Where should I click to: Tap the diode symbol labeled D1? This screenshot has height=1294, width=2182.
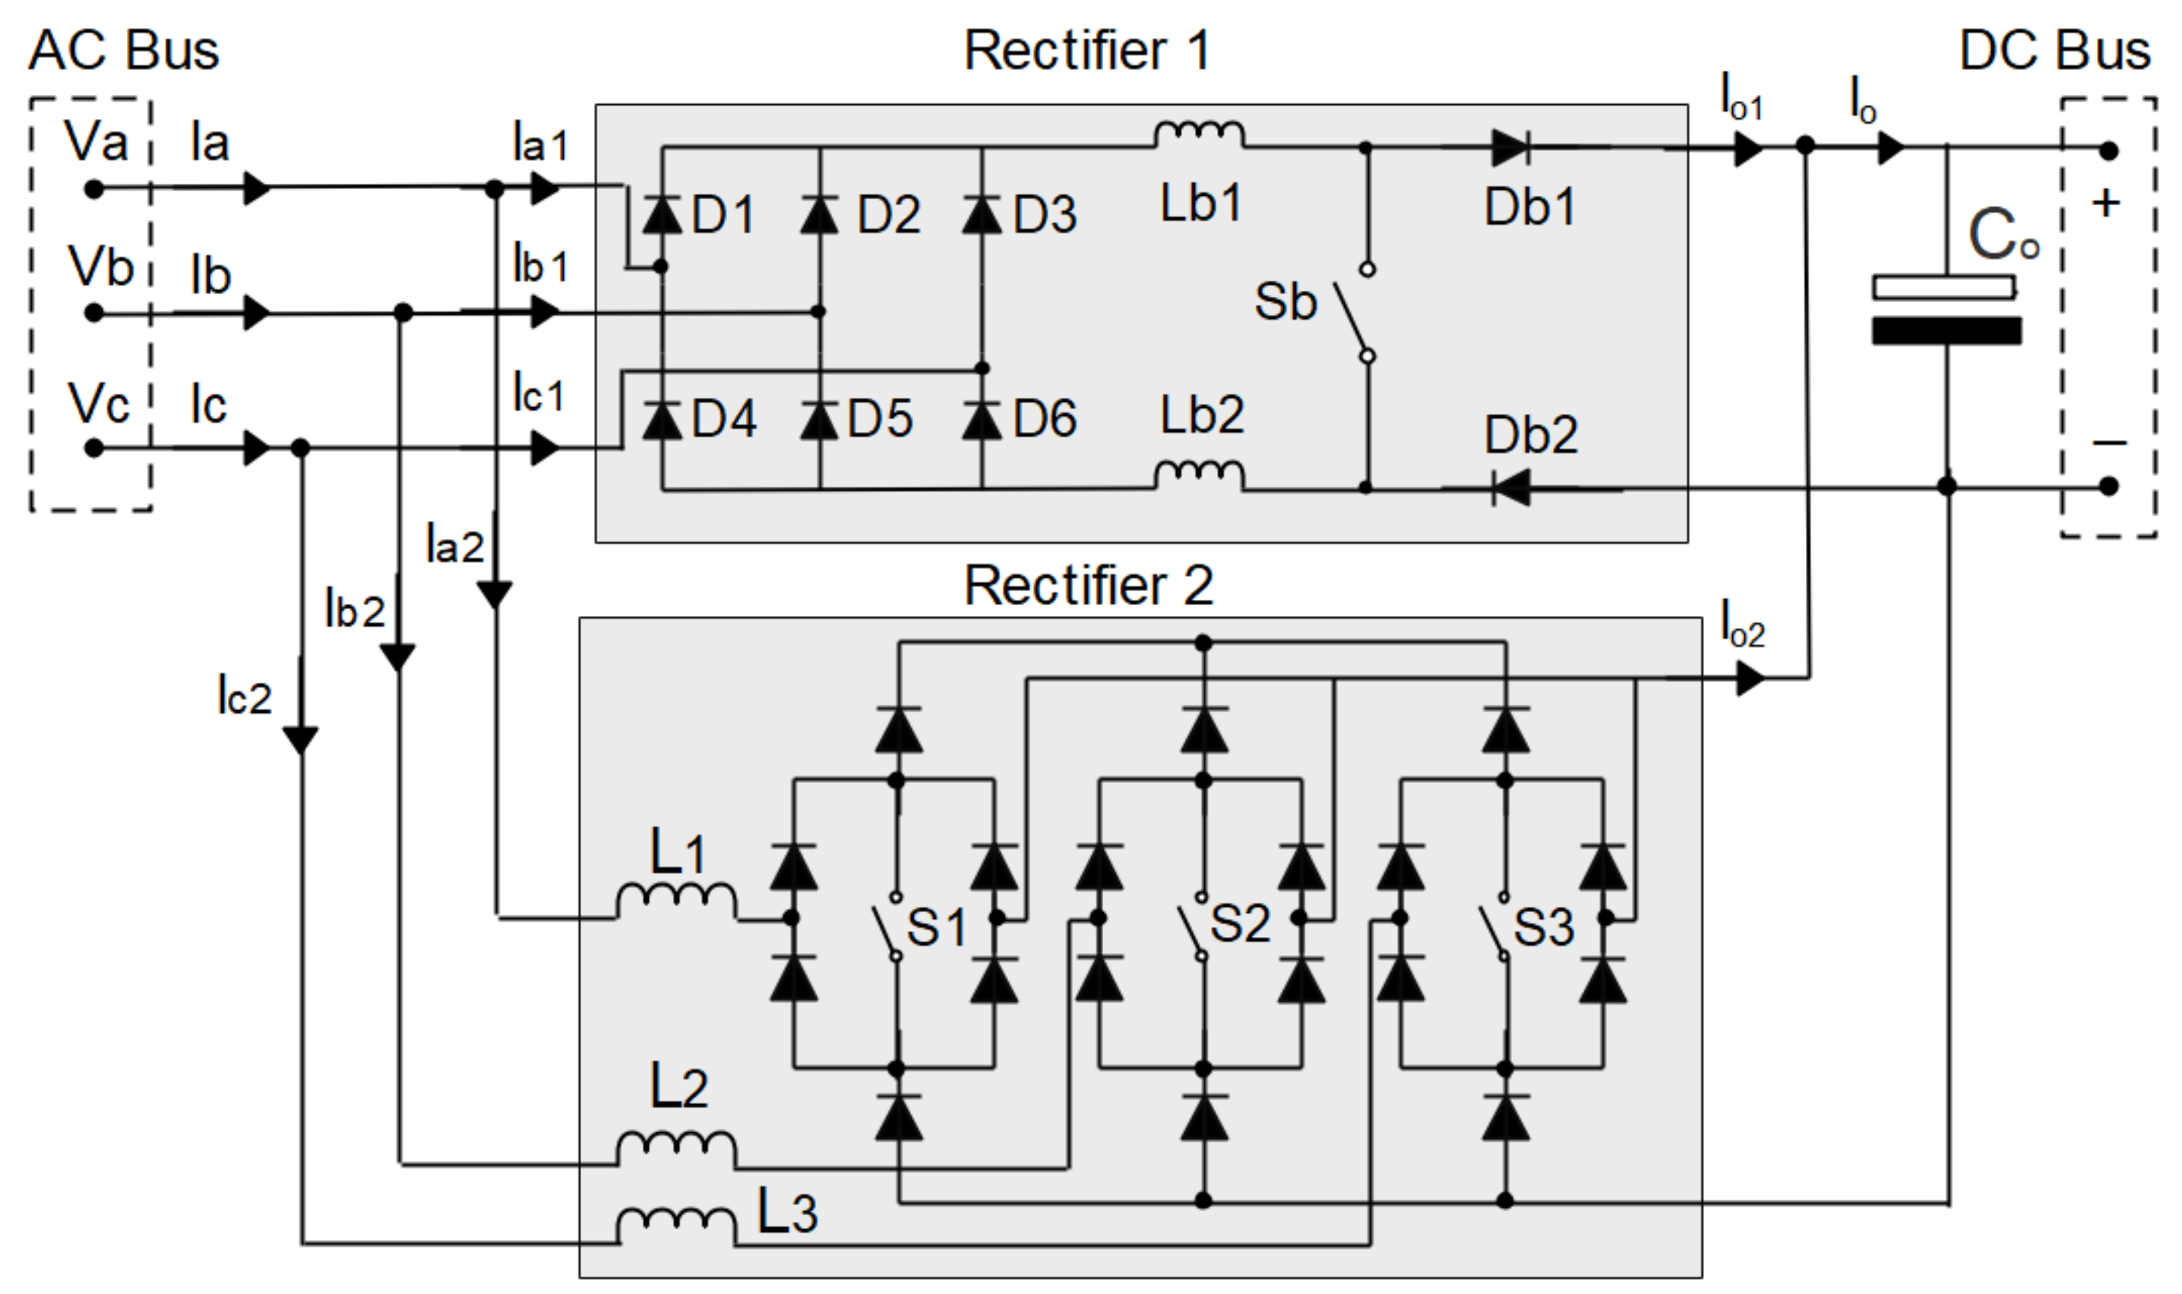[x=662, y=214]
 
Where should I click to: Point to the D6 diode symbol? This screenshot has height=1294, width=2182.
[x=982, y=419]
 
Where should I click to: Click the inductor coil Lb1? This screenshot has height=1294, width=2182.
[x=1199, y=134]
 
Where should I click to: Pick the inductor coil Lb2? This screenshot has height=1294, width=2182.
[x=1199, y=475]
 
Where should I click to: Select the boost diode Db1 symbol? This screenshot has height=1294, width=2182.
[x=1510, y=148]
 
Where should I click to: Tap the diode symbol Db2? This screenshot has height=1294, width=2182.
[x=1511, y=488]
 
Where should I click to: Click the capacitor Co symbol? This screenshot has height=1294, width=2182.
[x=1946, y=310]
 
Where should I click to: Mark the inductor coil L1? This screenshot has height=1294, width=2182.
[x=676, y=900]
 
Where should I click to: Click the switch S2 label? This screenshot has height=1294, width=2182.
[x=1239, y=924]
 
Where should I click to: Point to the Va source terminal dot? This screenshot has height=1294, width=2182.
[x=94, y=188]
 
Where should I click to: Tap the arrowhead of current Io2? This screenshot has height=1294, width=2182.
[x=1750, y=678]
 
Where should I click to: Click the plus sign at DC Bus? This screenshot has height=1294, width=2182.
[x=2106, y=204]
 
